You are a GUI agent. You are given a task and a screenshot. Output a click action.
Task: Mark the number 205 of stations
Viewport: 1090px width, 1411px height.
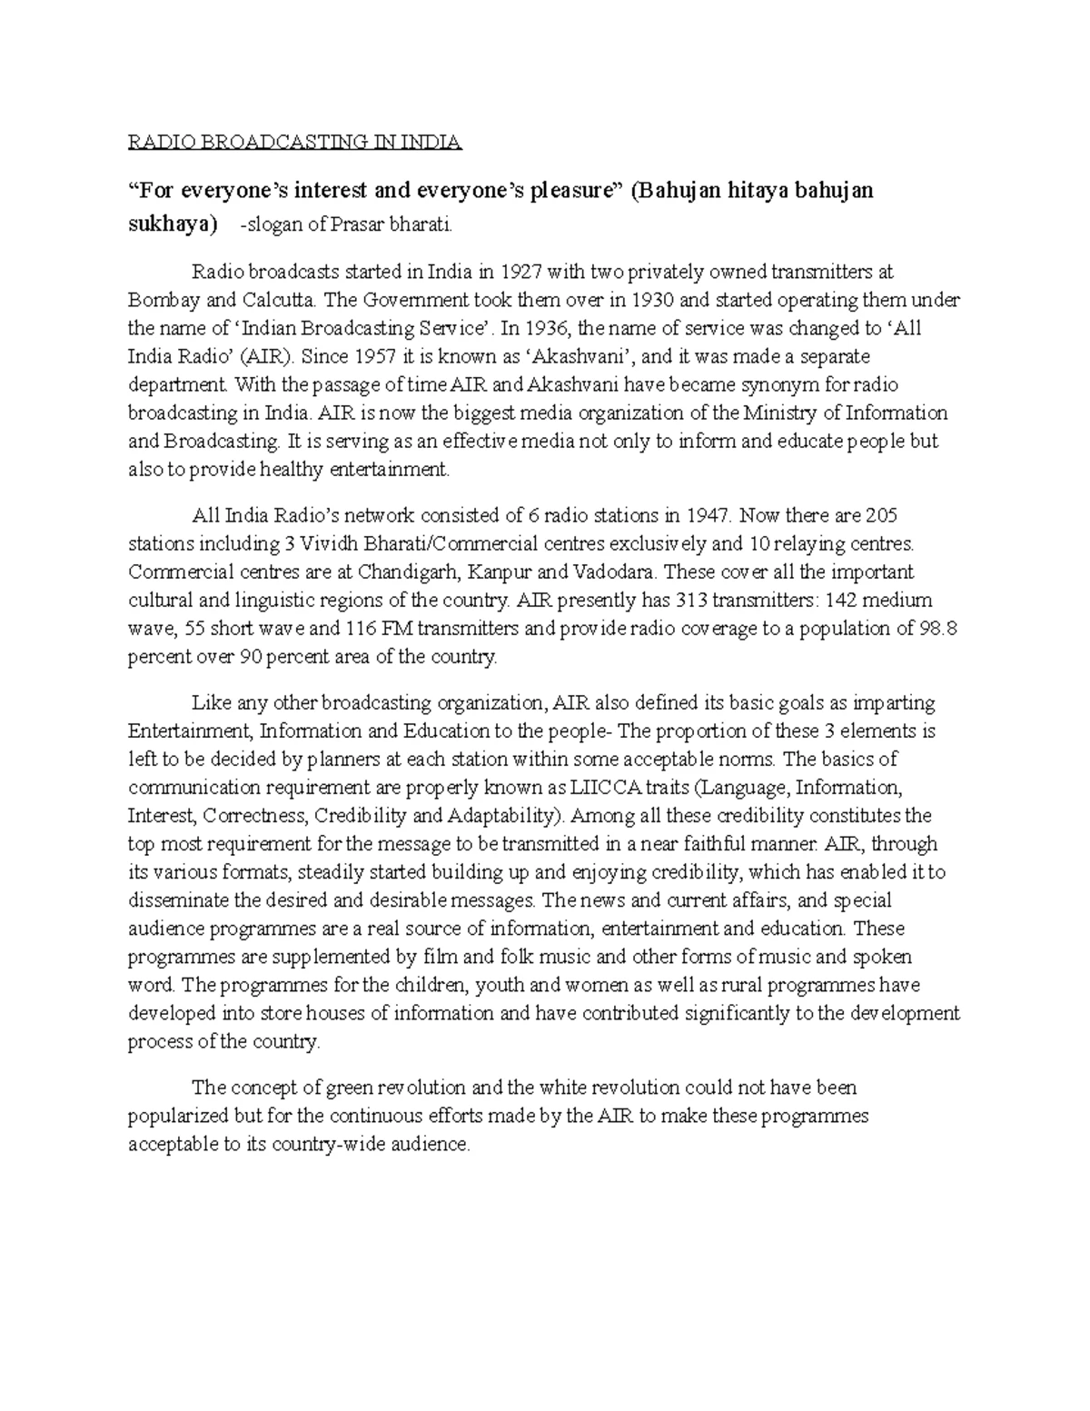881,516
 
